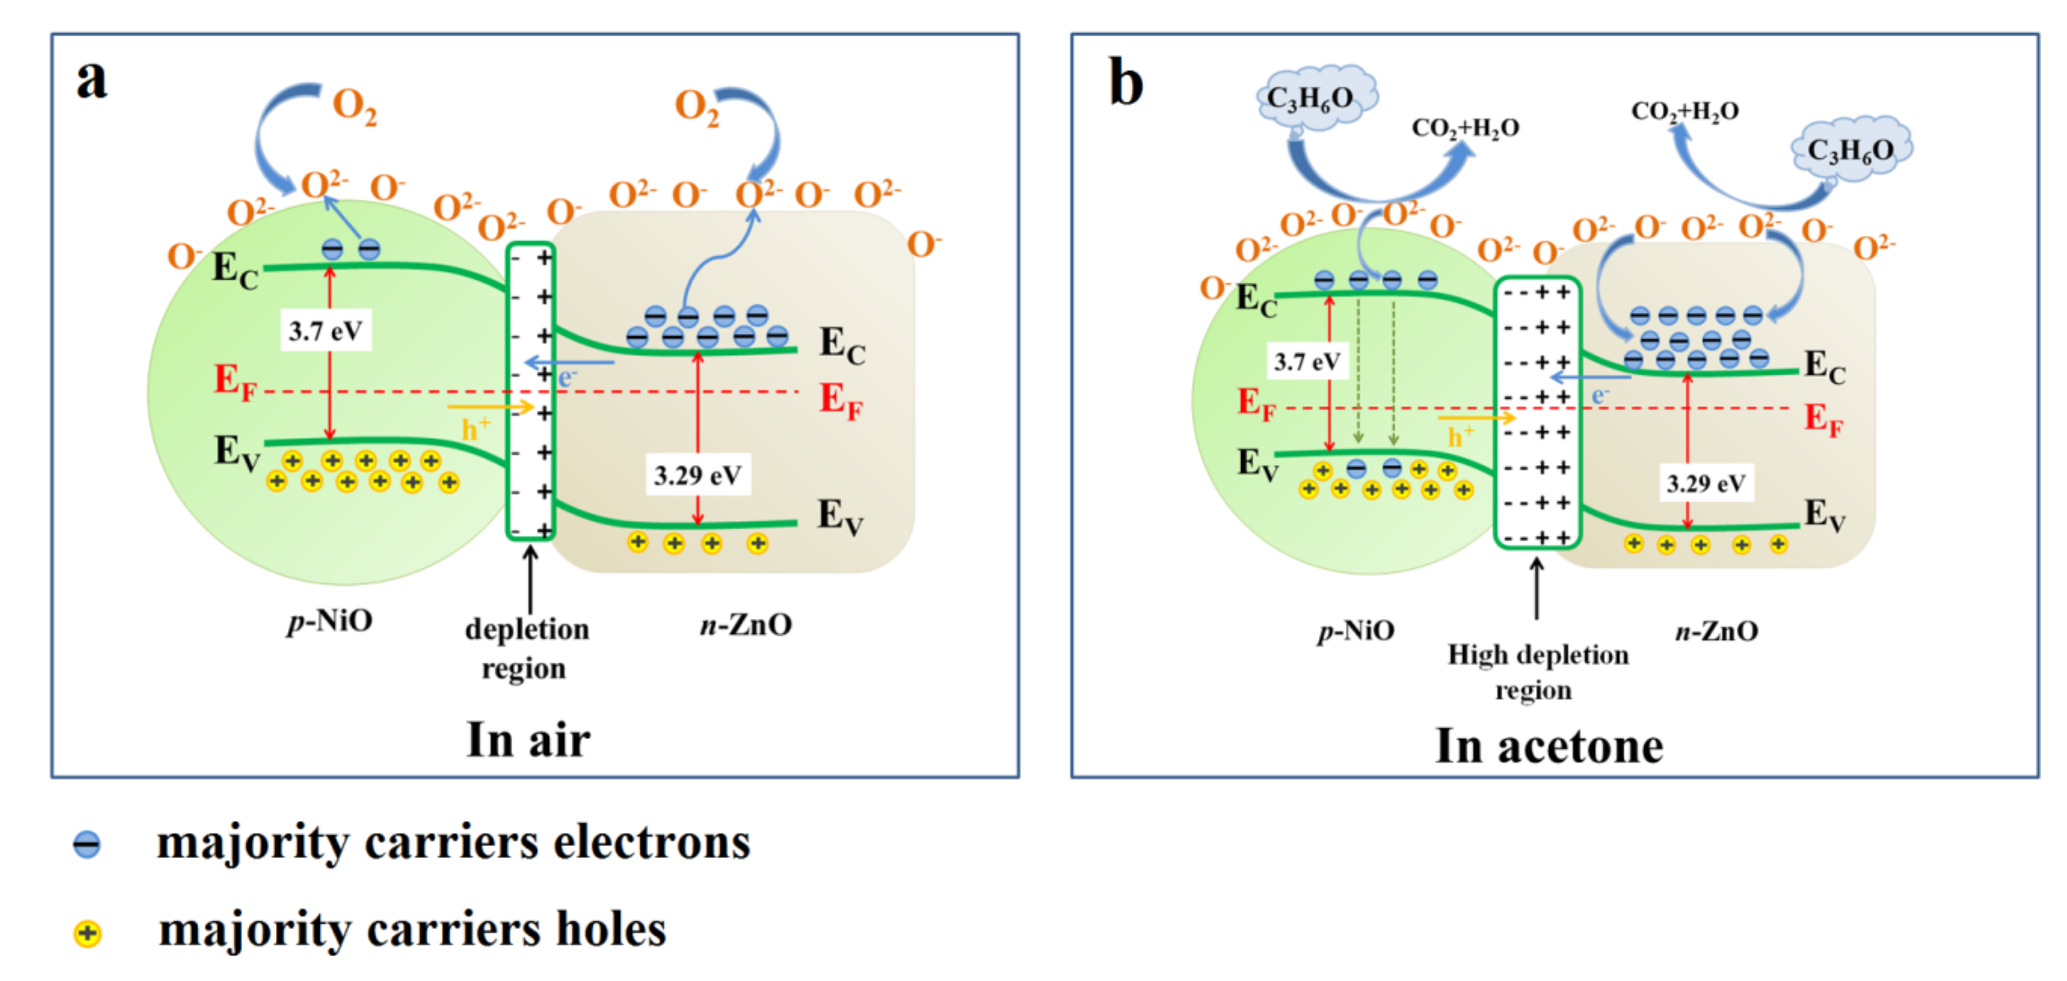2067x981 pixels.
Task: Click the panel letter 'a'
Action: click(x=91, y=80)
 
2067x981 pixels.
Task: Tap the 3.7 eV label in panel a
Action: click(x=325, y=331)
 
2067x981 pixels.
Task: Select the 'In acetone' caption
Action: click(x=1549, y=746)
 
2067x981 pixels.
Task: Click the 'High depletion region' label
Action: click(x=1538, y=672)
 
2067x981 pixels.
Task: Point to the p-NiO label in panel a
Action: click(x=330, y=621)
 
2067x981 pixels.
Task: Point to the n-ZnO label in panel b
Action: click(x=1716, y=631)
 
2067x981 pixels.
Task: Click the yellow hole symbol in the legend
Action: click(x=86, y=933)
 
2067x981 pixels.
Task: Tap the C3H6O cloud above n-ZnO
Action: click(x=1850, y=149)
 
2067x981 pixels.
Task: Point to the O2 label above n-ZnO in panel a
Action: click(x=697, y=107)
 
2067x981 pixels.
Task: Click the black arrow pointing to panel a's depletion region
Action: click(x=529, y=579)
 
